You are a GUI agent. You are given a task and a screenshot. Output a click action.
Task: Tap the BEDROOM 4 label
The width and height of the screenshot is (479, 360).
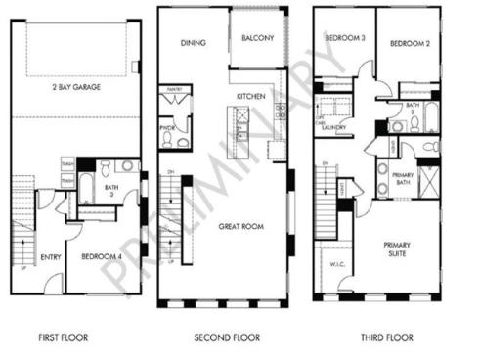coord(102,257)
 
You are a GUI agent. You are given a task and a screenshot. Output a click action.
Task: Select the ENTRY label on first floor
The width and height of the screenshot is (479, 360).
coord(51,257)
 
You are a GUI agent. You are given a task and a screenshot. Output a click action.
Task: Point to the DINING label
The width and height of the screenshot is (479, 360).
coord(192,42)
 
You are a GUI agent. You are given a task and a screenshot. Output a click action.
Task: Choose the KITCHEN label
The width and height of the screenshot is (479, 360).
coord(251,97)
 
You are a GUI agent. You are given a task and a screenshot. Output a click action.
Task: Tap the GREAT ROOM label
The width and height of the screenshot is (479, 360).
coord(239,224)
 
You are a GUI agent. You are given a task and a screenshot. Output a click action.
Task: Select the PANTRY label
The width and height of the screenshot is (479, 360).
coord(176,90)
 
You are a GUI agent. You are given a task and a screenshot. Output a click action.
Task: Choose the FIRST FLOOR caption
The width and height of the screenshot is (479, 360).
coord(64,337)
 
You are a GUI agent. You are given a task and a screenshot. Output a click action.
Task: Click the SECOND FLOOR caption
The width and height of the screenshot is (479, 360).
coord(227,337)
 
